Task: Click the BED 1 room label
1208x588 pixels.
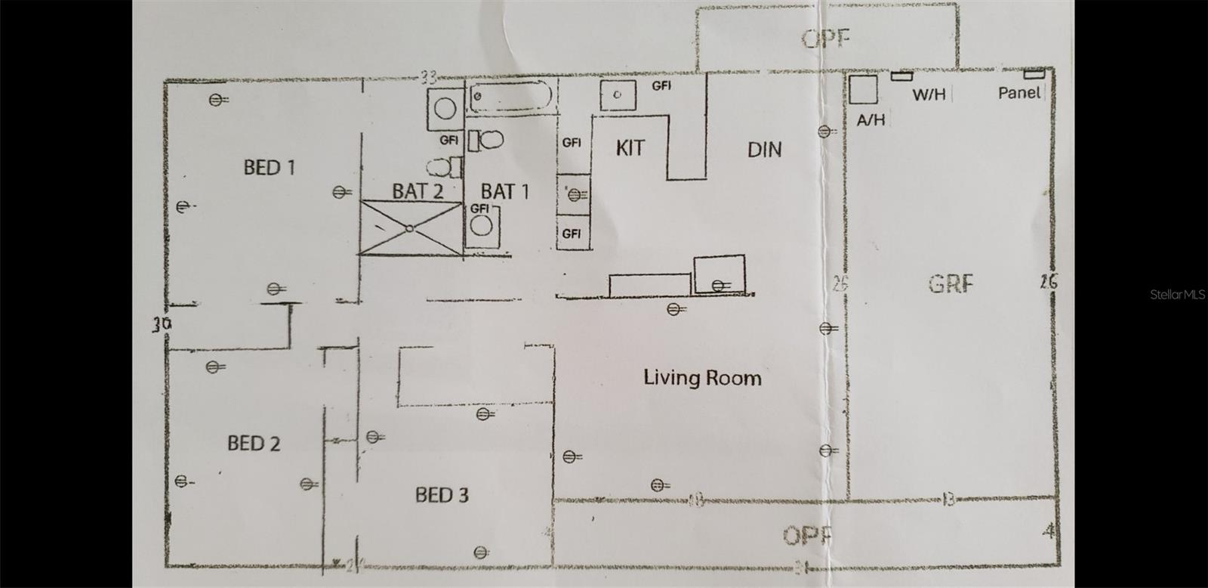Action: coord(269,167)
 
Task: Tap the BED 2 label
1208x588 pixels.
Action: coord(254,443)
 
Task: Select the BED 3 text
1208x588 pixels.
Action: coord(442,495)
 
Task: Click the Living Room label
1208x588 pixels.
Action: coord(702,377)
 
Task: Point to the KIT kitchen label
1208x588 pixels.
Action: coord(630,147)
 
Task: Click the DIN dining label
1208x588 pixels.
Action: coord(764,150)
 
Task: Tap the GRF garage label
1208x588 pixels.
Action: coord(951,284)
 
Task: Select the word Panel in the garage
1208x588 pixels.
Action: coord(1019,93)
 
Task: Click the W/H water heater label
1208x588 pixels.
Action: coord(929,95)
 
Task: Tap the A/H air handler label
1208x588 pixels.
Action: coord(871,119)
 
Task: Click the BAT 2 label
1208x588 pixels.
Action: coord(417,191)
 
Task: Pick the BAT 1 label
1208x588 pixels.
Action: coord(505,192)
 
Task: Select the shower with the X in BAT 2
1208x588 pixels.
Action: coord(410,227)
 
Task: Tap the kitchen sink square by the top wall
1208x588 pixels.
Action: coord(618,94)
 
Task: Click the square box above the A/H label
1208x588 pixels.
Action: coord(862,89)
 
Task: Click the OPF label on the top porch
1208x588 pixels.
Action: coord(827,38)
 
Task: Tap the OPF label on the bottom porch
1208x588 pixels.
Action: coord(807,536)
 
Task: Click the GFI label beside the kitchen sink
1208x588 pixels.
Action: coord(661,86)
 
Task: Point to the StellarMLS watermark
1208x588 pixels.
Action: coord(1178,295)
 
